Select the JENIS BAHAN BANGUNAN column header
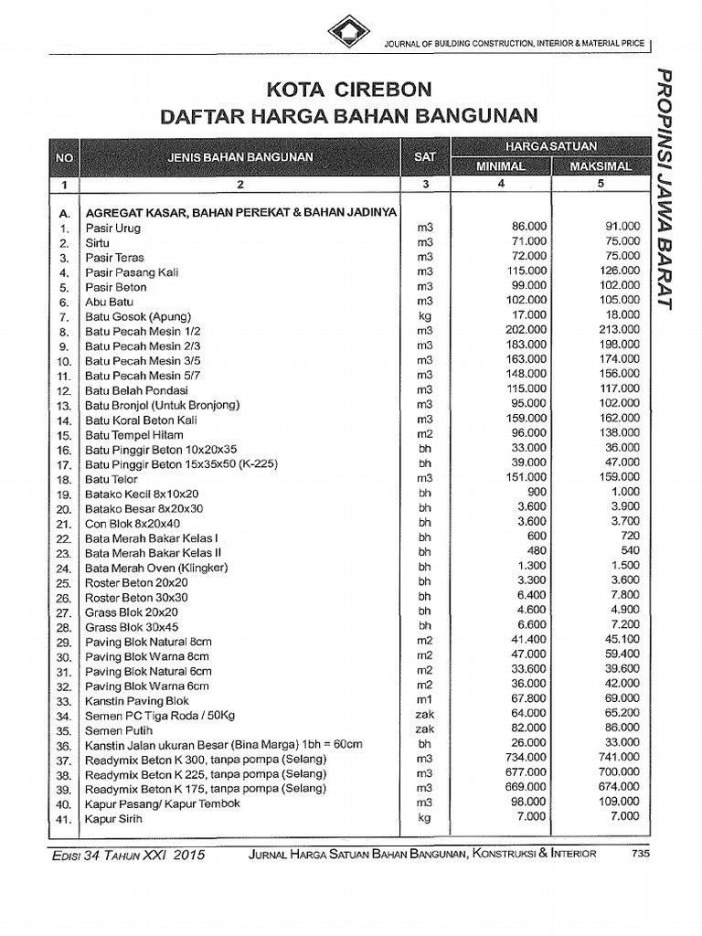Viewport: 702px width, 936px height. coord(239,156)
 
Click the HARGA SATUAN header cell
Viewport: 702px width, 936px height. coord(550,146)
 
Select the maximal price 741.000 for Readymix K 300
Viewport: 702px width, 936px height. coord(617,759)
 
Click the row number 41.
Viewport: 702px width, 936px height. coord(63,819)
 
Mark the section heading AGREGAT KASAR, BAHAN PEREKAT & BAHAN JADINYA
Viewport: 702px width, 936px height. coord(240,212)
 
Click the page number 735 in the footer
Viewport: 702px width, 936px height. coord(641,854)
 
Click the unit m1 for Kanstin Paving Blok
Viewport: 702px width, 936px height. coord(424,700)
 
